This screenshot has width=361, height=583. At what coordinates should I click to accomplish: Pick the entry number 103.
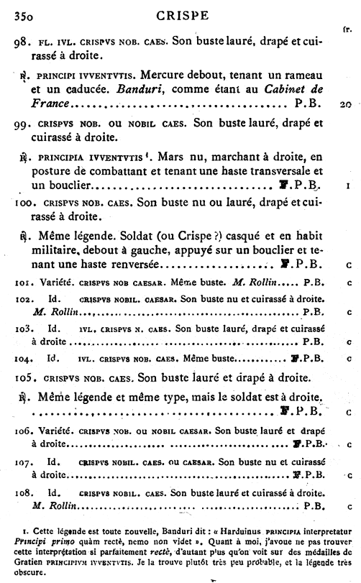[x=22, y=327]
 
